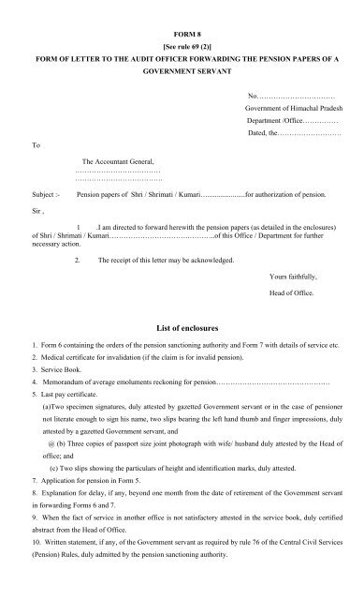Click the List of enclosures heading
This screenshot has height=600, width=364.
(x=182, y=331)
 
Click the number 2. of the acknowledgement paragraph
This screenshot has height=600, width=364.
(x=78, y=259)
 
